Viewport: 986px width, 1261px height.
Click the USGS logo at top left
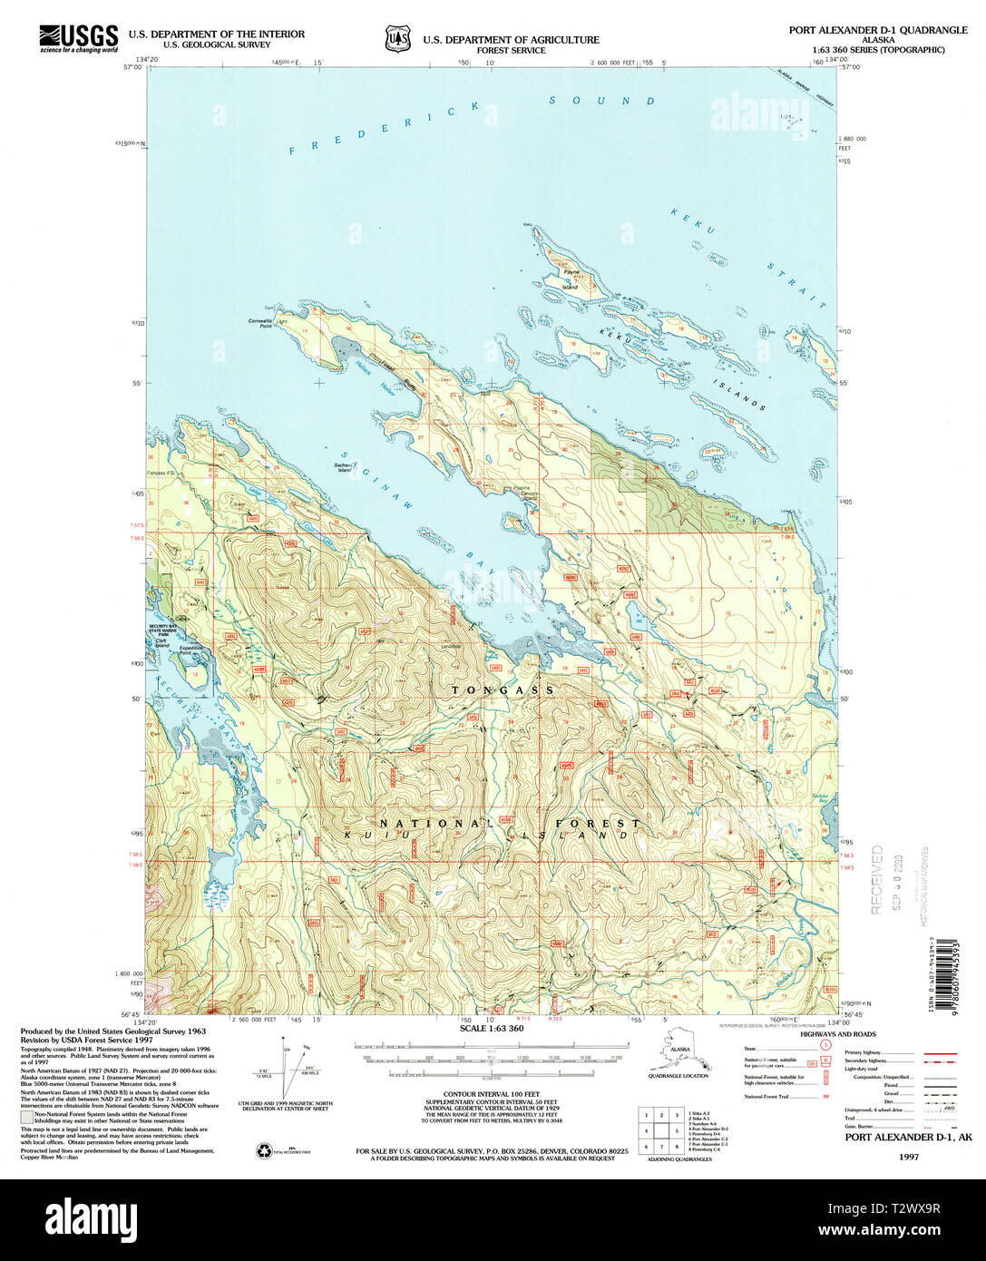click(x=78, y=38)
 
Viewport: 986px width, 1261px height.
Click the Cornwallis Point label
click(x=259, y=323)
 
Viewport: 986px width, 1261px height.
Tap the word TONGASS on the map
click(x=503, y=690)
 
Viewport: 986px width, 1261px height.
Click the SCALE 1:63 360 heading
click(x=492, y=1028)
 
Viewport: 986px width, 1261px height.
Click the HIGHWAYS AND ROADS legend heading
click(x=838, y=1034)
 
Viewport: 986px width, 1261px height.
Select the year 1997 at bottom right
click(x=908, y=1157)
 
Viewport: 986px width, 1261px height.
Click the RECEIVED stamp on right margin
click(x=877, y=879)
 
